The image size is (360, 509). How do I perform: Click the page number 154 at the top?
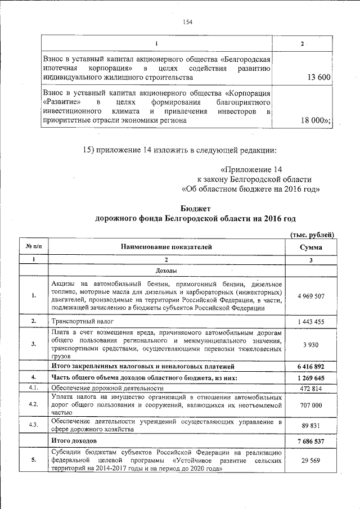188,22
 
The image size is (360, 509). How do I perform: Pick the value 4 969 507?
310,295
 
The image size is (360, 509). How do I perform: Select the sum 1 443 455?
310,321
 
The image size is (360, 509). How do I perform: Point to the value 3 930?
310,344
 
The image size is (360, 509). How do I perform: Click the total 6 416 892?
310,366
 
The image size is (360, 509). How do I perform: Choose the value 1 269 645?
310,377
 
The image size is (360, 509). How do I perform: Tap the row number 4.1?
34,388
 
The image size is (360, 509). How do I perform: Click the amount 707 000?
310,404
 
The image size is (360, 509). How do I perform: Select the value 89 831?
310,425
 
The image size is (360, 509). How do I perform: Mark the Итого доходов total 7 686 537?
310,442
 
